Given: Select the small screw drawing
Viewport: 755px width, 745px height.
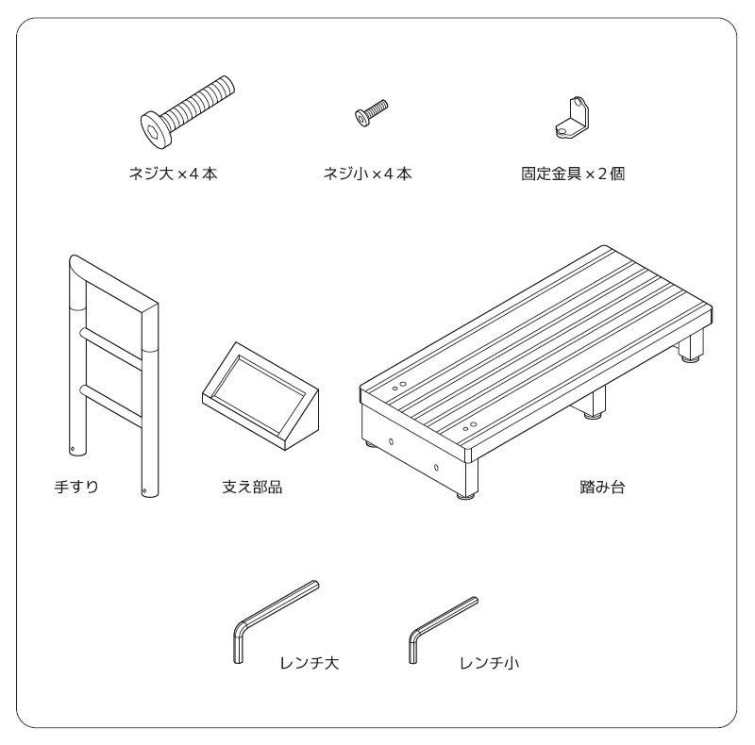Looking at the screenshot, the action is pyautogui.click(x=371, y=112).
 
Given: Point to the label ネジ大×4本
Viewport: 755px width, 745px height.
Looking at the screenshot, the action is pyautogui.click(x=173, y=174).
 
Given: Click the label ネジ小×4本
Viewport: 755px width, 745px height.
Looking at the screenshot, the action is pyautogui.click(x=367, y=174).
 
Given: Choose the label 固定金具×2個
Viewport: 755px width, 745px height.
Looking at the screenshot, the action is pyautogui.click(x=573, y=174).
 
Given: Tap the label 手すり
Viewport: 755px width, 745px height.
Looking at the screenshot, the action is pyautogui.click(x=76, y=487).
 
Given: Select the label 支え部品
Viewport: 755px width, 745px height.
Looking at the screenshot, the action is pyautogui.click(x=252, y=487).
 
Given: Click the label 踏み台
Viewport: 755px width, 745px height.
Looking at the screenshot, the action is pyautogui.click(x=602, y=487).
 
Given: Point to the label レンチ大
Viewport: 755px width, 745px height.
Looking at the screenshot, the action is pyautogui.click(x=310, y=663).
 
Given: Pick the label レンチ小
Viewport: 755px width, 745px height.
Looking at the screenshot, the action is pyautogui.click(x=489, y=663).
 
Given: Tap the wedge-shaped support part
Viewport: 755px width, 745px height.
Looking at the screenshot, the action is pyautogui.click(x=260, y=396).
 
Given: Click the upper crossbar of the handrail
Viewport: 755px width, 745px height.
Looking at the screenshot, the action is pyautogui.click(x=111, y=349).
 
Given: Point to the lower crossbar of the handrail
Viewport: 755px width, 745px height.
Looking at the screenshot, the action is pyautogui.click(x=111, y=406).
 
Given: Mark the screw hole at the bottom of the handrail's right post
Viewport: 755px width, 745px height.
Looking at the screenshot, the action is pyautogui.click(x=144, y=491).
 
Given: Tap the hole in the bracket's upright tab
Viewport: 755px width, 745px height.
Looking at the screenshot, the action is pyautogui.click(x=578, y=103).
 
